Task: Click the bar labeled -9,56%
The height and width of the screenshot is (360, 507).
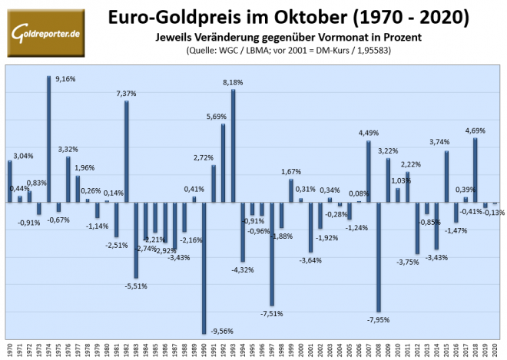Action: [x=204, y=268]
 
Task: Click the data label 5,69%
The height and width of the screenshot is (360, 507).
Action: [x=215, y=116]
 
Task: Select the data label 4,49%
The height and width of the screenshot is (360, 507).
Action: [x=370, y=133]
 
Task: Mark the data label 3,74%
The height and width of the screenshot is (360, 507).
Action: [x=440, y=142]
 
